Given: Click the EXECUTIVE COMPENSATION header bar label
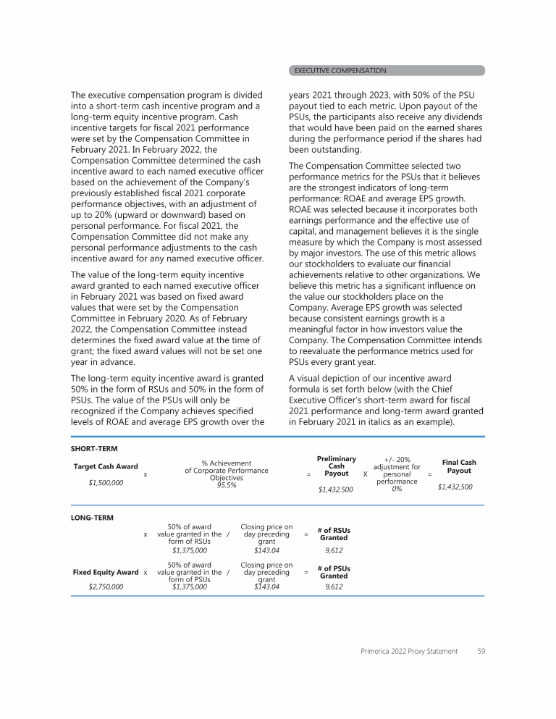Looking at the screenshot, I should (340, 70).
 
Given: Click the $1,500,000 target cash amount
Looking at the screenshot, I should (106, 482).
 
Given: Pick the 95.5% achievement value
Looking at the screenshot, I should (226, 485).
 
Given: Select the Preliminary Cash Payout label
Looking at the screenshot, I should (337, 466).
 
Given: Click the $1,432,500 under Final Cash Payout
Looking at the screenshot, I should (455, 487).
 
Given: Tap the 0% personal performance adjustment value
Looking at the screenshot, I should (397, 489).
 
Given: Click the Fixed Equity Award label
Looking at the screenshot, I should (106, 572).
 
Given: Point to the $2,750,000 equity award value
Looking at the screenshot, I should (106, 587).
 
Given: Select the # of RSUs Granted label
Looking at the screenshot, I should (334, 534).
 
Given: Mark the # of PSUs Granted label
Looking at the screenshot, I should (334, 572).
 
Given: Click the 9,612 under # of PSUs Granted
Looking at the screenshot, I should (334, 587).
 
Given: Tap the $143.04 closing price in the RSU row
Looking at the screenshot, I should (266, 550).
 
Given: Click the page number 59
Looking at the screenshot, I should (481, 652).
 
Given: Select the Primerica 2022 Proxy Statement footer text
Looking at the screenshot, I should (409, 652).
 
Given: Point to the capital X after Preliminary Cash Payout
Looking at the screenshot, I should (365, 474).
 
